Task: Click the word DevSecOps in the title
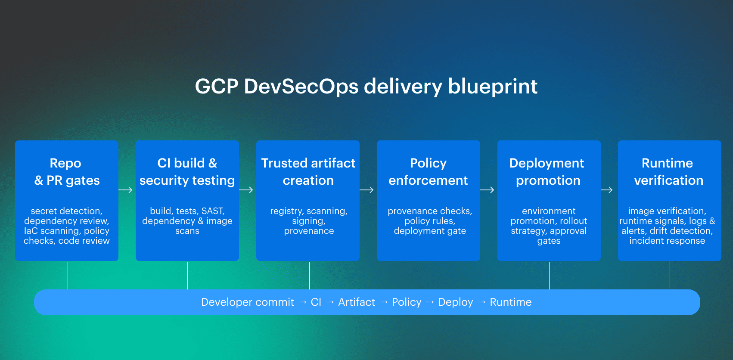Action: click(x=301, y=87)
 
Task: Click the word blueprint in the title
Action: click(x=492, y=87)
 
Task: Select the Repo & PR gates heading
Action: click(x=67, y=171)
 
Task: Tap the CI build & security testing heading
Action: click(x=187, y=171)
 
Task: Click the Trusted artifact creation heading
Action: click(x=308, y=171)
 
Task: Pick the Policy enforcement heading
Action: click(x=428, y=171)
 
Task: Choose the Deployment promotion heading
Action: click(x=547, y=171)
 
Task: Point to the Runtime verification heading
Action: click(x=668, y=171)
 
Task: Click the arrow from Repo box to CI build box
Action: click(x=125, y=190)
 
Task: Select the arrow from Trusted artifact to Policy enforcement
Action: click(x=366, y=190)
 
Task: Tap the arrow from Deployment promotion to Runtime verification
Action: click(x=606, y=190)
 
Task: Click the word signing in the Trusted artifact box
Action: click(x=308, y=221)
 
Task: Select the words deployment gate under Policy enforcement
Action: click(x=430, y=231)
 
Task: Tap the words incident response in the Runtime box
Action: click(x=667, y=241)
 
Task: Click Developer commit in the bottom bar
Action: click(x=247, y=302)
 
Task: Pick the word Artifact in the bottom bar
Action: click(x=356, y=302)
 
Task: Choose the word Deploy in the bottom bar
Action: click(x=455, y=302)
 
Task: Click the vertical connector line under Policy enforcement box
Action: click(x=430, y=276)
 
